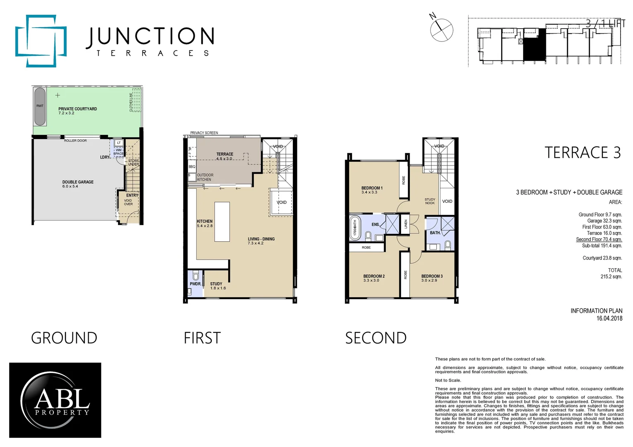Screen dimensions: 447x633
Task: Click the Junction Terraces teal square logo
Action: coord(41,41)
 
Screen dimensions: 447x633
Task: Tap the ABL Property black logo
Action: coord(55,400)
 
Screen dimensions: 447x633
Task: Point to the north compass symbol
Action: coord(441,29)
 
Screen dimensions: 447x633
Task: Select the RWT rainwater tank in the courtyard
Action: coord(40,106)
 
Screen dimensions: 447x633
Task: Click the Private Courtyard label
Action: coord(77,109)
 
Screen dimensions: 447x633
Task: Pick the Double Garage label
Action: coord(78,182)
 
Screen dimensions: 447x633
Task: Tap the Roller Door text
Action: coord(75,141)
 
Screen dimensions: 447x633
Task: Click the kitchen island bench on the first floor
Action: coord(222,221)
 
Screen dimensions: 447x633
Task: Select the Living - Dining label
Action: coord(261,239)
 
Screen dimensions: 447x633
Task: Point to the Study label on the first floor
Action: coord(216,284)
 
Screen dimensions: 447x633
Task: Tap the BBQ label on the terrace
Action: coord(192,167)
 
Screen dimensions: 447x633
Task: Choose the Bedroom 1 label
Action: coord(372,188)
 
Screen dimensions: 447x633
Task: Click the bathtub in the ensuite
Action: coord(355,228)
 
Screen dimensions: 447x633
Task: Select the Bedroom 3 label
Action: coord(432,276)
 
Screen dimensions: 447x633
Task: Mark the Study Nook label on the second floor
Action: coord(430,201)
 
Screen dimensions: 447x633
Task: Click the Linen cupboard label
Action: coord(406,224)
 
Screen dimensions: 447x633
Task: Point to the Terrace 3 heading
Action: coord(582,153)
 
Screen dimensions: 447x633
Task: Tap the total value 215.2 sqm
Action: coord(611,276)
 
